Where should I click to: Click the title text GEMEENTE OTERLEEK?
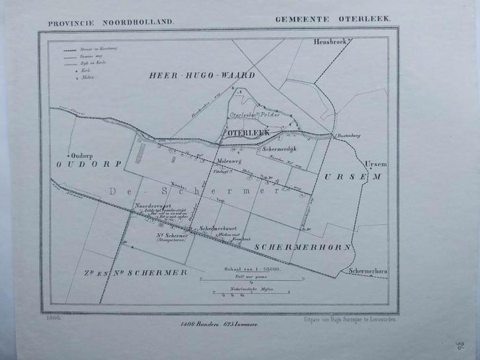point(334,20)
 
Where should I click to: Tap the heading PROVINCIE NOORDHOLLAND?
point(110,22)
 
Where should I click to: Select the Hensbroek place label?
point(329,42)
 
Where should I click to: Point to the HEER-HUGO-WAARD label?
point(202,76)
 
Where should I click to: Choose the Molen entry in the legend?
point(87,76)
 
